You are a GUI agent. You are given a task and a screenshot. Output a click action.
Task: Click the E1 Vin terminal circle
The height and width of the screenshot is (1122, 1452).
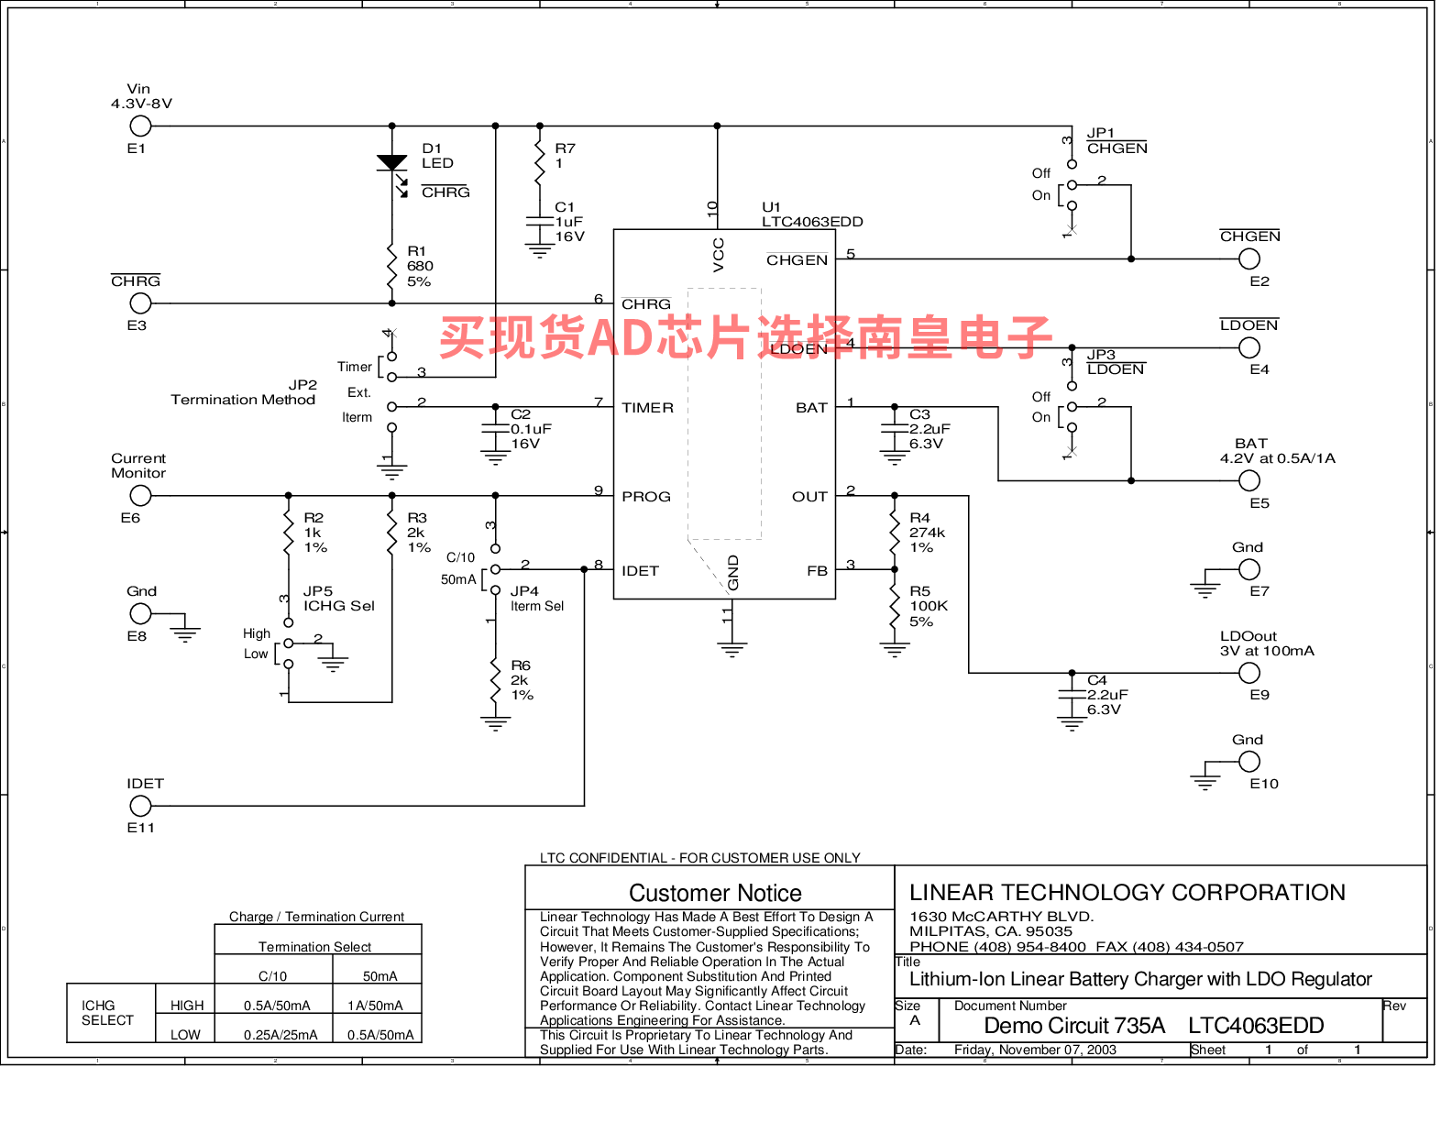pos(140,126)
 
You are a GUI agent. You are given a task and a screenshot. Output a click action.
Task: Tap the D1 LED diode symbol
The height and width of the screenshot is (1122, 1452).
pos(391,162)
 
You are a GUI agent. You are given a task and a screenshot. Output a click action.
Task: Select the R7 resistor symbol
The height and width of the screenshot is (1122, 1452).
pos(539,162)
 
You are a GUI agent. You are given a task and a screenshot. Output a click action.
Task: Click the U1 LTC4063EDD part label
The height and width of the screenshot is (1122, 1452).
pos(812,214)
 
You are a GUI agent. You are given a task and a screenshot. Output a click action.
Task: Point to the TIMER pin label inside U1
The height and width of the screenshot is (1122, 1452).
pos(647,408)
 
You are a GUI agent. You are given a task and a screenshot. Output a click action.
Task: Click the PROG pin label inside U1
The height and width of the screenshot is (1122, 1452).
pos(645,497)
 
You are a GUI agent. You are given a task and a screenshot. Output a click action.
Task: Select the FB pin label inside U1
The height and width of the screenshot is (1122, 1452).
pos(818,571)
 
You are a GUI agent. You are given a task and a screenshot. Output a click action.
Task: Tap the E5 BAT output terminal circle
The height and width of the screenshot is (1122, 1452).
pos(1248,480)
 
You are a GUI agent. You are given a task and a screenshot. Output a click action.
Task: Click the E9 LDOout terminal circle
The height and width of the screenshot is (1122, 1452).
pos(1248,673)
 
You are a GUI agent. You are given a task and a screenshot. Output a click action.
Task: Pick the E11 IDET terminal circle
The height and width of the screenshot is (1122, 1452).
pos(140,806)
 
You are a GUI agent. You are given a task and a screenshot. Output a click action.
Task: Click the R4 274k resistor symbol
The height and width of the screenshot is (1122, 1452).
pos(894,533)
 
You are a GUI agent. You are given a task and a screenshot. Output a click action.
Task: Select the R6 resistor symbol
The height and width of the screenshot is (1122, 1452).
pos(495,680)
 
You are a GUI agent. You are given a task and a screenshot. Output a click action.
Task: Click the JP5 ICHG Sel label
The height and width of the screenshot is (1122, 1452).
pos(339,599)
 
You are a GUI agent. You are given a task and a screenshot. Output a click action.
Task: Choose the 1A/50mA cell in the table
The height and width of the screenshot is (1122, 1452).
pos(375,1005)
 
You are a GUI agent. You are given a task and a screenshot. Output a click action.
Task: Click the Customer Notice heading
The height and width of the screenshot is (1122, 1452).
pos(715,893)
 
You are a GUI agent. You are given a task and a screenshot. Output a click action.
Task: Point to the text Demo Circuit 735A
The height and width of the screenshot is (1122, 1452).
pos(1073,1025)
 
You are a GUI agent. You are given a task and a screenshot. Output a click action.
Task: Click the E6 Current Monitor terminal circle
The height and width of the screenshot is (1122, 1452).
pos(140,496)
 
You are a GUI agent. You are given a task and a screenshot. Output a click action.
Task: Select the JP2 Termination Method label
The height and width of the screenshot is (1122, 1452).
pos(243,392)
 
